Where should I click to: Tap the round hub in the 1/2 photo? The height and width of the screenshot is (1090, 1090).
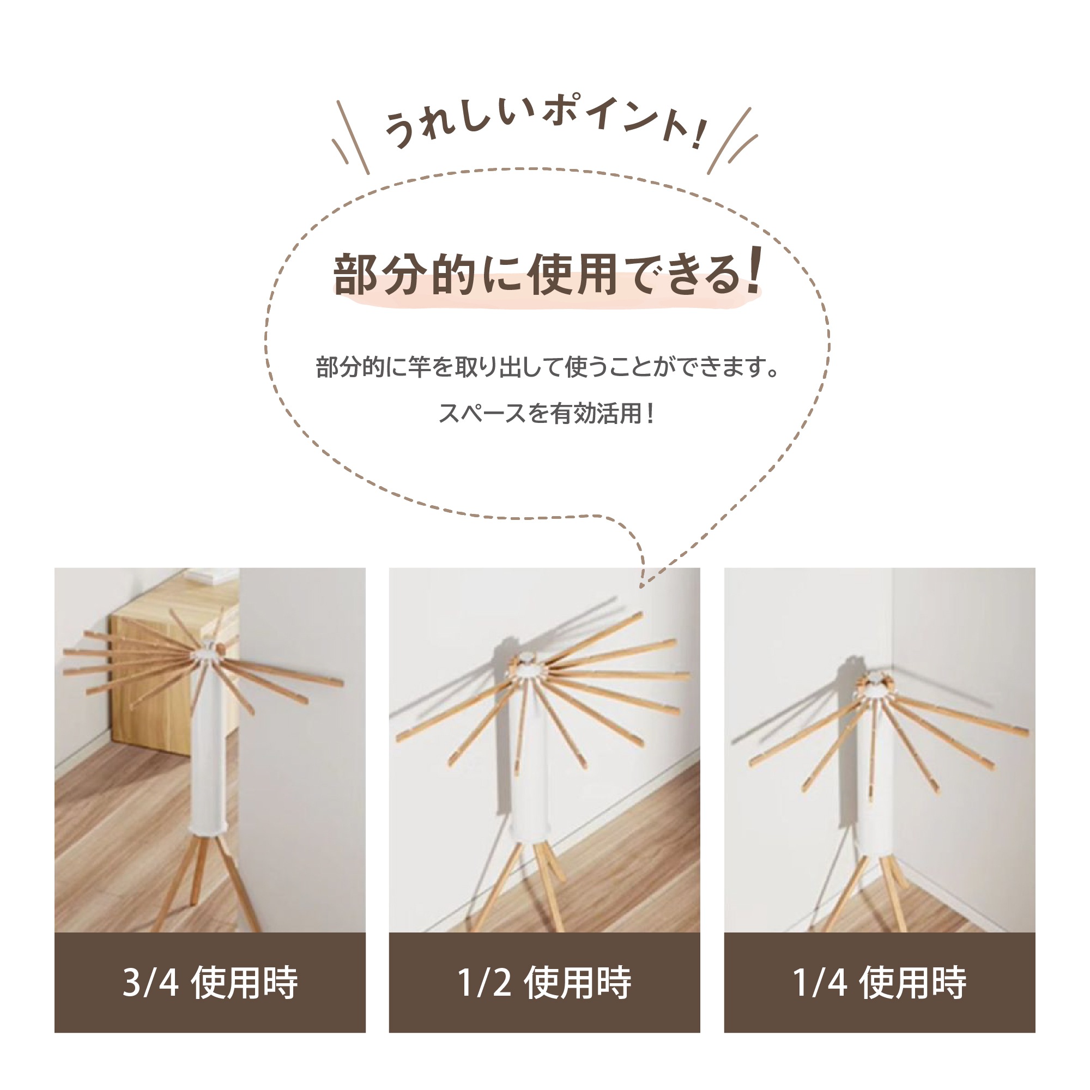[529, 668]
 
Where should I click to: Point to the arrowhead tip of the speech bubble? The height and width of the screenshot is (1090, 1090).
[642, 587]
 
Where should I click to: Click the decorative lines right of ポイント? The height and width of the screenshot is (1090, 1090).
[732, 141]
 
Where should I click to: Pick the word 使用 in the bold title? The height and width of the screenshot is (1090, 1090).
[573, 275]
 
